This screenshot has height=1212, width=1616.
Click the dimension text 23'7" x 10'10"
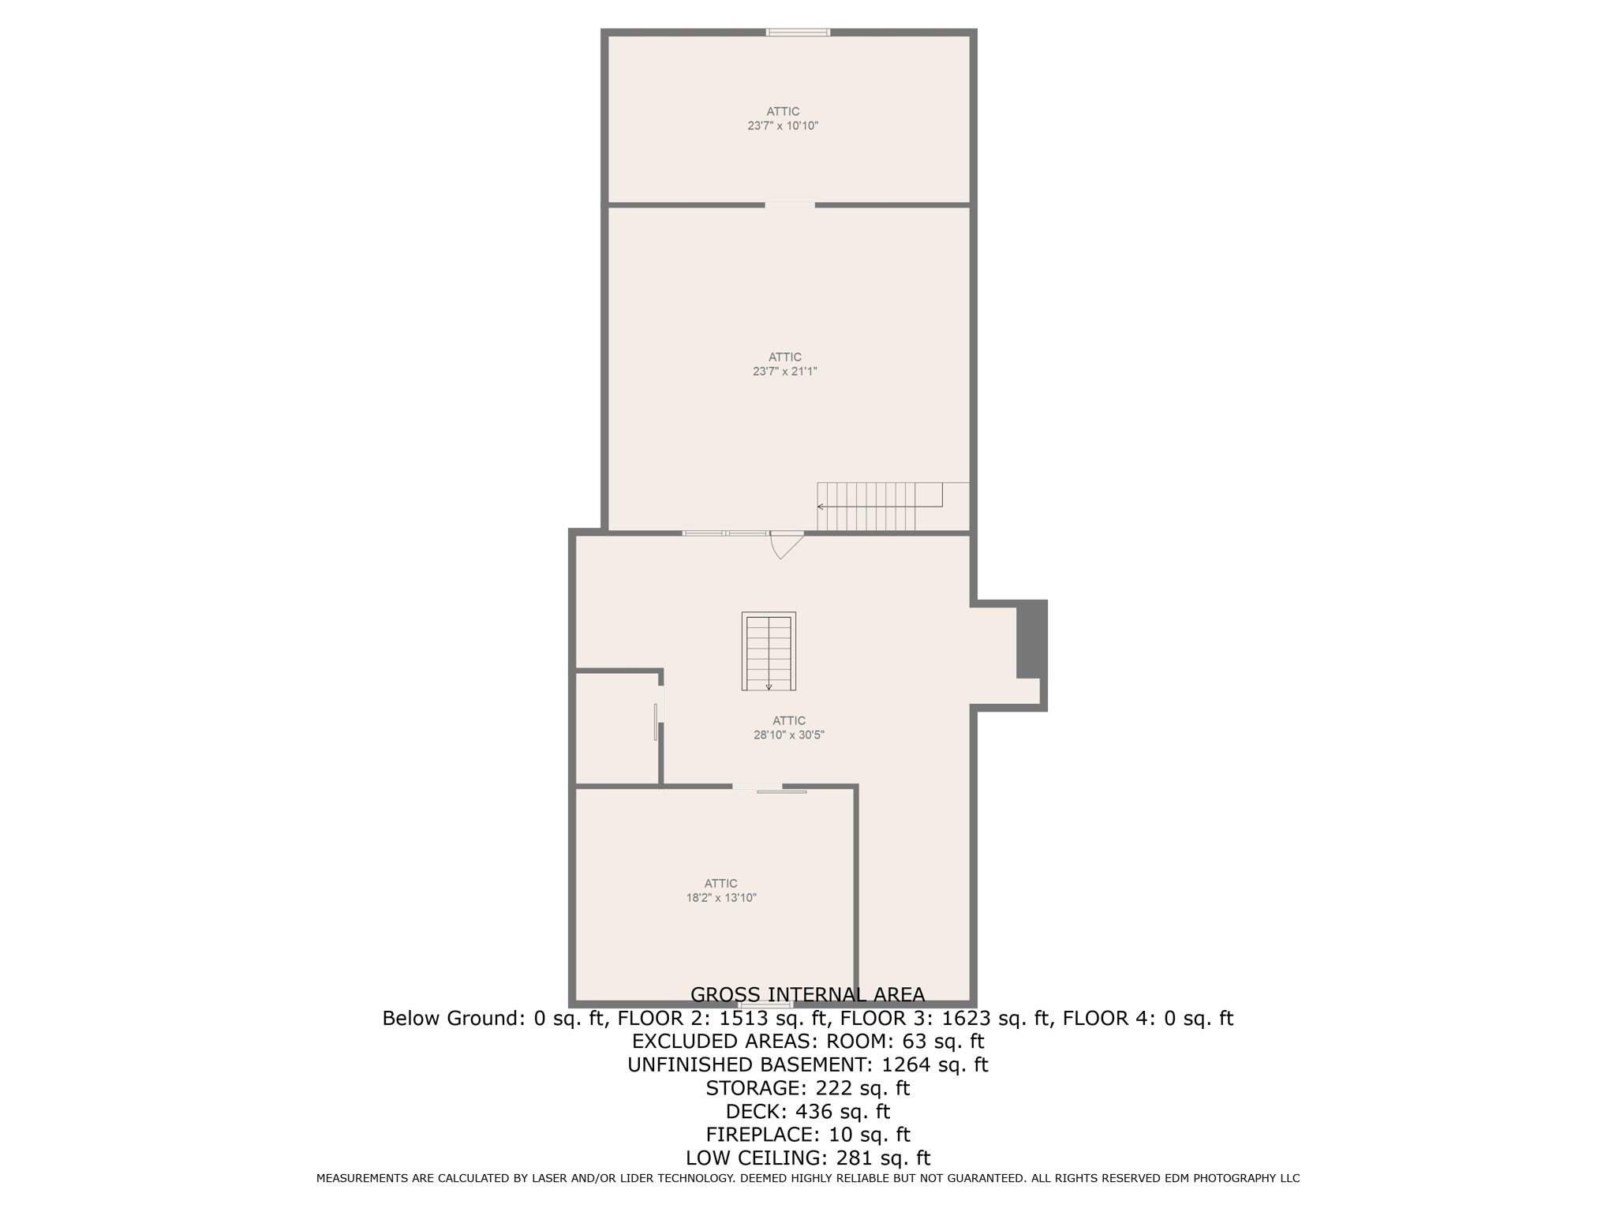pyautogui.click(x=783, y=125)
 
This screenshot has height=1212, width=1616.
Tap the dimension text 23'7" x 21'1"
pyautogui.click(x=784, y=371)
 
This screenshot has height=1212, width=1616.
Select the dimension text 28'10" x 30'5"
pyautogui.click(x=789, y=735)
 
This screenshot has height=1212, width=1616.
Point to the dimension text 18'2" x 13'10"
pyautogui.click(x=721, y=897)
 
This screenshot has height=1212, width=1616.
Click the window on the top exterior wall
pyautogui.click(x=798, y=32)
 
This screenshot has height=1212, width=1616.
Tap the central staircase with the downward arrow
pyautogui.click(x=769, y=651)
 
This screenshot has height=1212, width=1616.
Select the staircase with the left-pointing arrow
pyautogui.click(x=880, y=506)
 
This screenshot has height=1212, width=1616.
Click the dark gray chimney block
pyautogui.click(x=1031, y=639)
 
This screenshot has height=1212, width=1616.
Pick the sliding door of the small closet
pyautogui.click(x=656, y=721)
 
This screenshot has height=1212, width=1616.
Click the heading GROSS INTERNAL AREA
pyautogui.click(x=807, y=994)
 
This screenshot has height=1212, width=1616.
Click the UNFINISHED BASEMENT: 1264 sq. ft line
pyautogui.click(x=807, y=1064)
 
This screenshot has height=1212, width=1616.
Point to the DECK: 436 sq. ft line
pyautogui.click(x=807, y=1111)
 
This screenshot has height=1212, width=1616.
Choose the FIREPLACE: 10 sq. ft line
pyautogui.click(x=807, y=1135)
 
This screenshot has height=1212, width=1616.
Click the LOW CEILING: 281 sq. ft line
pyautogui.click(x=807, y=1158)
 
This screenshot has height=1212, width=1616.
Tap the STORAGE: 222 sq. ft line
pyautogui.click(x=807, y=1088)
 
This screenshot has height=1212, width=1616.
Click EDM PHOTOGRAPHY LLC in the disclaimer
pyautogui.click(x=1232, y=1178)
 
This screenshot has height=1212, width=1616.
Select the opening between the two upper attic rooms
pyautogui.click(x=790, y=205)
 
